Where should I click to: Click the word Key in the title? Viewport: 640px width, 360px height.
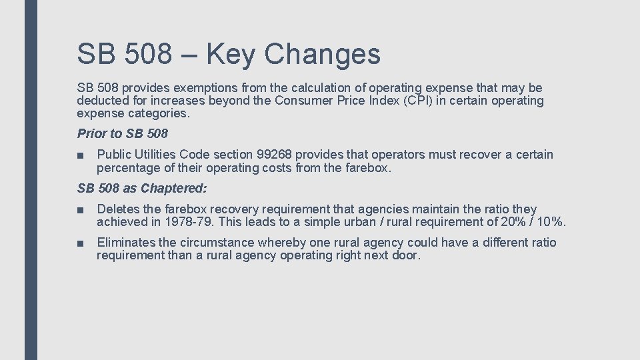click(x=230, y=54)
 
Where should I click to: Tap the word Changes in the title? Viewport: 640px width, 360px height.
click(x=322, y=54)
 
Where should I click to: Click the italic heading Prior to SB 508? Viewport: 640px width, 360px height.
click(x=123, y=134)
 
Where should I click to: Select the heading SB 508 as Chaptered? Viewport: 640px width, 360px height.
click(x=142, y=189)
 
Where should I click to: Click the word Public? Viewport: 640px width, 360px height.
click(x=114, y=155)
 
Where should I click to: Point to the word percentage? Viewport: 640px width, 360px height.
click(x=127, y=168)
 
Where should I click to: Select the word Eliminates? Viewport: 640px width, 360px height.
click(x=125, y=243)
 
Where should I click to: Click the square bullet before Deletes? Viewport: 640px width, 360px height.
click(x=80, y=210)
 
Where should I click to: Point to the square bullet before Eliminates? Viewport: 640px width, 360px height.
click(x=80, y=243)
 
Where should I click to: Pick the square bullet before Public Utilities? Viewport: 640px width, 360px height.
click(x=80, y=155)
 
